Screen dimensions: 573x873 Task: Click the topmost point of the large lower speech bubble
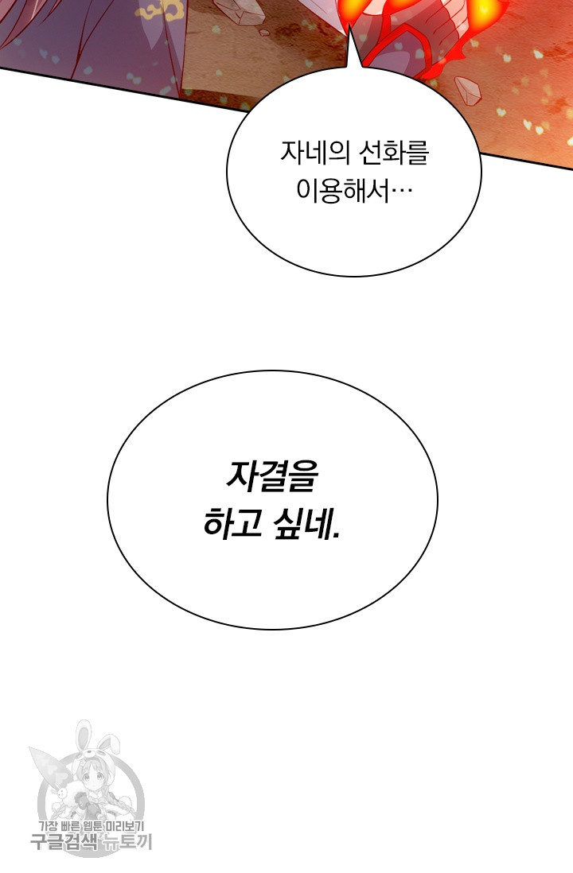(x=273, y=371)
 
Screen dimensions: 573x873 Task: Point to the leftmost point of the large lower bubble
(x=107, y=499)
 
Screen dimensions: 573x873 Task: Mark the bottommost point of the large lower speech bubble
(x=273, y=630)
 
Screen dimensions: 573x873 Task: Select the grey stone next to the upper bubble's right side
(x=467, y=91)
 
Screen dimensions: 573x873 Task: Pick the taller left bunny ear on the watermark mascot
(x=84, y=734)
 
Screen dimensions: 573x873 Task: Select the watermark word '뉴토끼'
(x=126, y=842)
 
